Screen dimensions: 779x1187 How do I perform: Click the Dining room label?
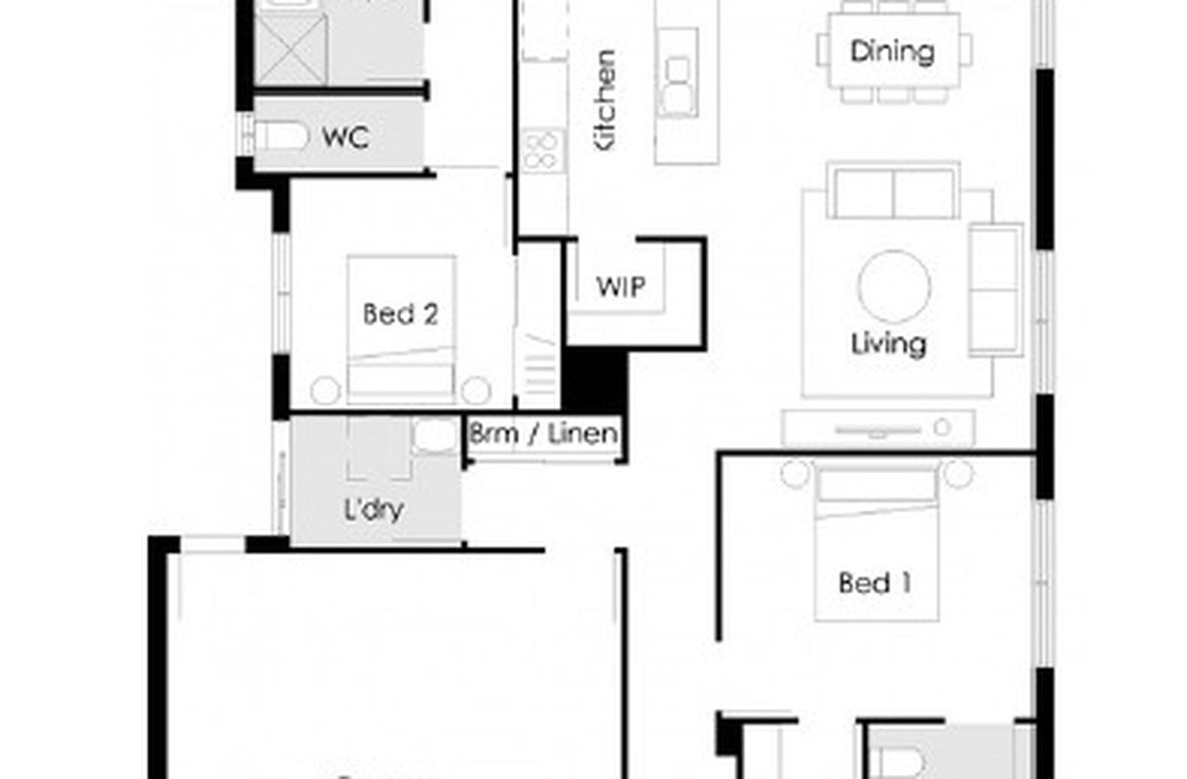coord(892,52)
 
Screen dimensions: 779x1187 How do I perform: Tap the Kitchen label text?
coord(604,100)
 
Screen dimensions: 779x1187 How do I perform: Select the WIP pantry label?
coord(620,287)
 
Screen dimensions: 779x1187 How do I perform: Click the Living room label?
coord(888,344)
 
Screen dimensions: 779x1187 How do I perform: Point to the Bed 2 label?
coord(400,315)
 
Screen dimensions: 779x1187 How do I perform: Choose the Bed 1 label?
coord(874,583)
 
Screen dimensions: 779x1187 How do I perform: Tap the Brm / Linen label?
coord(543,434)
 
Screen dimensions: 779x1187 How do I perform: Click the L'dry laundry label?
coord(374,509)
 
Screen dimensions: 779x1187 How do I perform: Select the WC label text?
coord(345,138)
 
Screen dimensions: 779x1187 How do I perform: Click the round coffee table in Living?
coord(894,286)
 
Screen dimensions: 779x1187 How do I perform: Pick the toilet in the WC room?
coord(276,136)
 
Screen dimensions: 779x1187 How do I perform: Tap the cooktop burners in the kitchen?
coord(541,151)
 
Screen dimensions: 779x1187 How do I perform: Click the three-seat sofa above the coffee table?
coord(893,192)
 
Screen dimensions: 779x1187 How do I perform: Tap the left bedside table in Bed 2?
coord(325,391)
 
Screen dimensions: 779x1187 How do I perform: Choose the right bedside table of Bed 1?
coord(958,474)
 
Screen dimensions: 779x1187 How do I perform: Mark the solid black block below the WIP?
coord(595,378)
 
